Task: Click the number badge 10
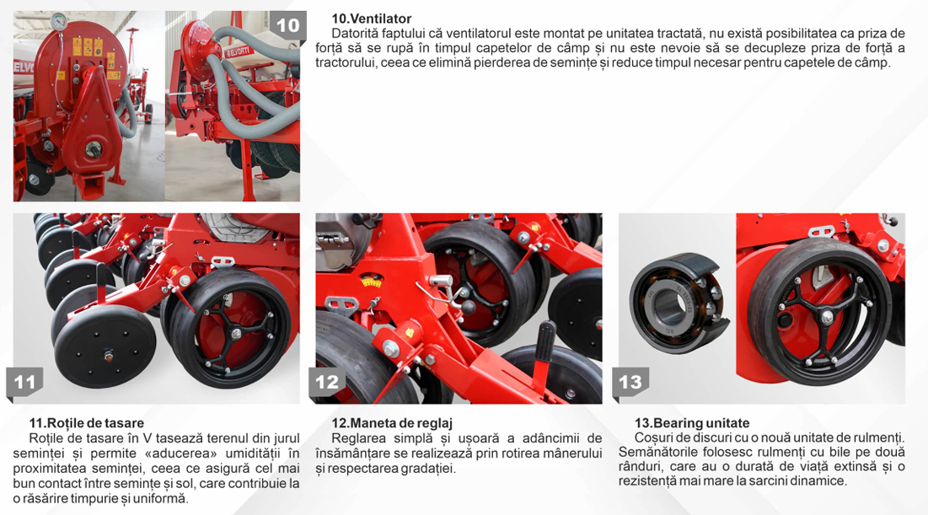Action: [288, 25]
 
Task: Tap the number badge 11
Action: [24, 383]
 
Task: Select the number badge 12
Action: [327, 383]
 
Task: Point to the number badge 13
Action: [630, 383]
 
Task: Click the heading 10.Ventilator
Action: [371, 19]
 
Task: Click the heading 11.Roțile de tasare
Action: [87, 423]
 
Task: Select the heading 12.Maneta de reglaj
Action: [392, 423]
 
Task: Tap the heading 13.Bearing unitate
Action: [692, 423]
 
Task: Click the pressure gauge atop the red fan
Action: [59, 22]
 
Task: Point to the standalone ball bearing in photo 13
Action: [679, 303]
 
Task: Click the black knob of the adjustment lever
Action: [469, 308]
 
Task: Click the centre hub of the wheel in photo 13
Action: [827, 318]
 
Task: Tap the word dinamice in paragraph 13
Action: [823, 480]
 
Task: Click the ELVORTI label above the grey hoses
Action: [239, 51]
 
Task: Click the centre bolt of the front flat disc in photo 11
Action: [108, 357]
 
